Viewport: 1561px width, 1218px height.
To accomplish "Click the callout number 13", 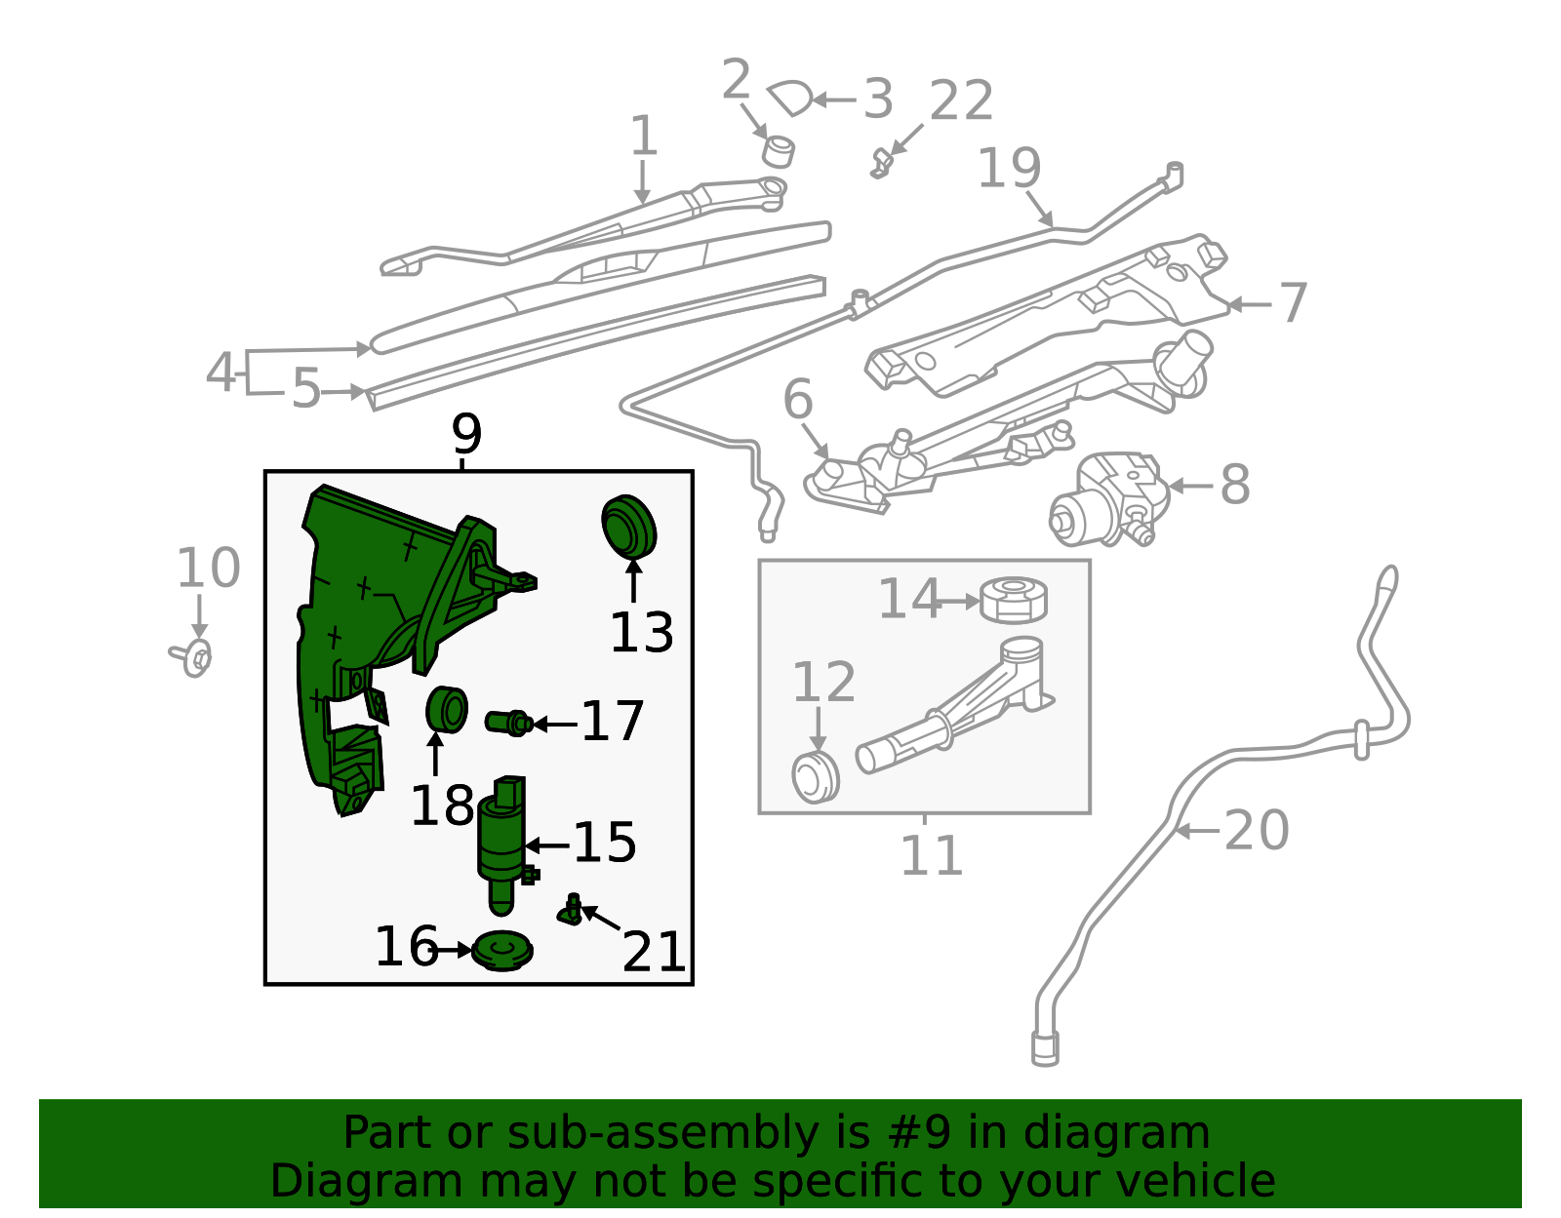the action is pyautogui.click(x=642, y=632).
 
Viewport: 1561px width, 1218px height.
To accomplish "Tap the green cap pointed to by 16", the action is pyautogui.click(x=502, y=950).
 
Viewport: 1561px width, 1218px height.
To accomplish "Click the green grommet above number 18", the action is pyautogui.click(x=446, y=711).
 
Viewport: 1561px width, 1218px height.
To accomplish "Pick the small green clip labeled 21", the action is pyautogui.click(x=571, y=910).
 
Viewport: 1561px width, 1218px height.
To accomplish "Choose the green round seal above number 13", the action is pyautogui.click(x=628, y=526).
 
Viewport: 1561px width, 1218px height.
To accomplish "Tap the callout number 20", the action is pyautogui.click(x=1257, y=831).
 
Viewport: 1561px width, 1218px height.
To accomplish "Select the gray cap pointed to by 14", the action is pyautogui.click(x=1014, y=600).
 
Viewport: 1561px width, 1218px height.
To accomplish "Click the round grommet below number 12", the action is pyautogui.click(x=815, y=776).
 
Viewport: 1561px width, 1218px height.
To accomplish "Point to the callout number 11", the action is pyautogui.click(x=931, y=855).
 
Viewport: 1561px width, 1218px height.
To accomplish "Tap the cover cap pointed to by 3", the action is pyautogui.click(x=789, y=98).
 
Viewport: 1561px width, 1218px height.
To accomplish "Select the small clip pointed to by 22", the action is pyautogui.click(x=881, y=165).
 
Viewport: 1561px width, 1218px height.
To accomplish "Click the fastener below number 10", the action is pyautogui.click(x=191, y=657).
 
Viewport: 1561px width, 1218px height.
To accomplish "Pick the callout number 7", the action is pyautogui.click(x=1293, y=303).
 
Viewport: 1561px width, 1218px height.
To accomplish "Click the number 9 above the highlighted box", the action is pyautogui.click(x=466, y=434).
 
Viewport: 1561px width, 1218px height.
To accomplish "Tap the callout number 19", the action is pyautogui.click(x=1010, y=168).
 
